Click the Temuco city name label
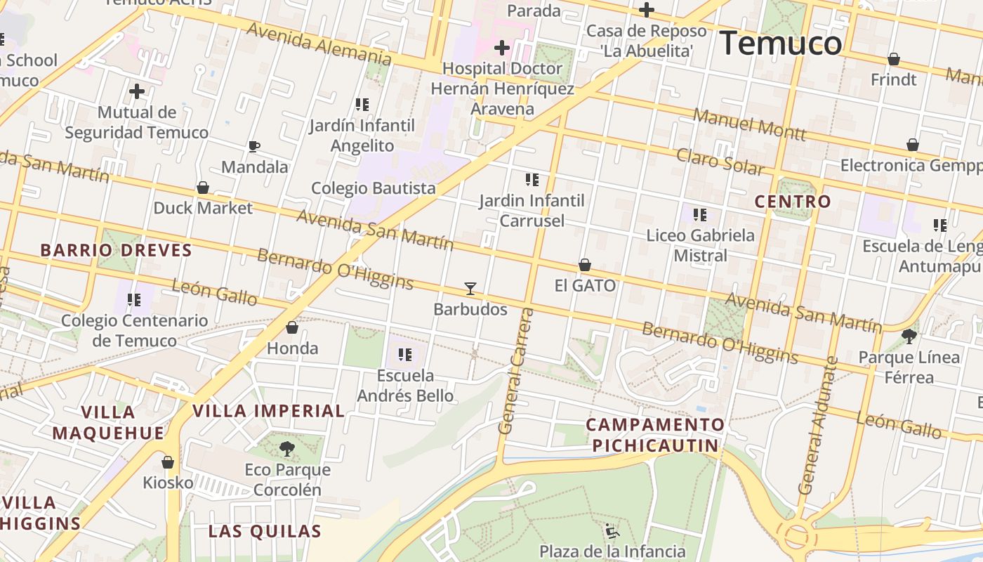(780, 44)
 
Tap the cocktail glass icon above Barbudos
(470, 288)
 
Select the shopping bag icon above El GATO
(584, 265)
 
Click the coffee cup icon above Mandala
(254, 146)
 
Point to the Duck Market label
(203, 208)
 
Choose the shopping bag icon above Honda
(292, 327)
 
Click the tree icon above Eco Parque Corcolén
(286, 448)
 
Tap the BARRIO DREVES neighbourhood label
(116, 250)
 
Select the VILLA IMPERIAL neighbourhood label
(268, 411)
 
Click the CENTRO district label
(793, 202)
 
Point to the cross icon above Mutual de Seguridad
(137, 91)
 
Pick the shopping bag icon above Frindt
(894, 59)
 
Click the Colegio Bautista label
(374, 188)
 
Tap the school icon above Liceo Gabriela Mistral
(700, 214)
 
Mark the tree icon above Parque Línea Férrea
(909, 336)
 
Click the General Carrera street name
(515, 370)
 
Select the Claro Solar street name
(720, 162)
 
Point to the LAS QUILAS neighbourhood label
(265, 531)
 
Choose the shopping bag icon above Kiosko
(168, 462)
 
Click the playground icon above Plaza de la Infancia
(612, 530)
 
